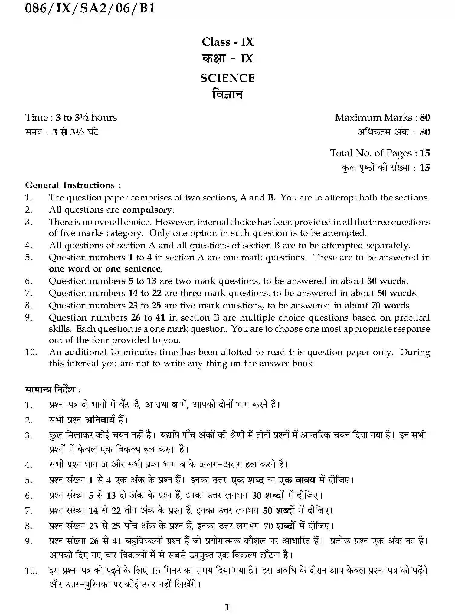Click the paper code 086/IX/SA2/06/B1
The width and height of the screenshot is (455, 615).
(x=90, y=8)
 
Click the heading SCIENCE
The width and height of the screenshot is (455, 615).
(x=227, y=78)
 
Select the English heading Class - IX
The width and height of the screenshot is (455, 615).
(x=227, y=42)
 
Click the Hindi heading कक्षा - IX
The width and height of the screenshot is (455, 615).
(x=227, y=58)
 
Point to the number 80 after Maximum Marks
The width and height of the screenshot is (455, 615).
(x=425, y=117)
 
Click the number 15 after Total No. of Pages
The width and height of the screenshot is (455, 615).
(x=425, y=153)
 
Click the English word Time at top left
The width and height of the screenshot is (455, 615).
(x=36, y=117)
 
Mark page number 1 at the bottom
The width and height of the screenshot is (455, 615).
(x=227, y=607)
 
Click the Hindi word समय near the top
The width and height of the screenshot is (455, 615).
(x=33, y=132)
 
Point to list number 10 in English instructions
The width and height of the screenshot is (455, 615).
(x=31, y=352)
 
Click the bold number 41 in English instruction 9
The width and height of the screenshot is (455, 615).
(x=160, y=317)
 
